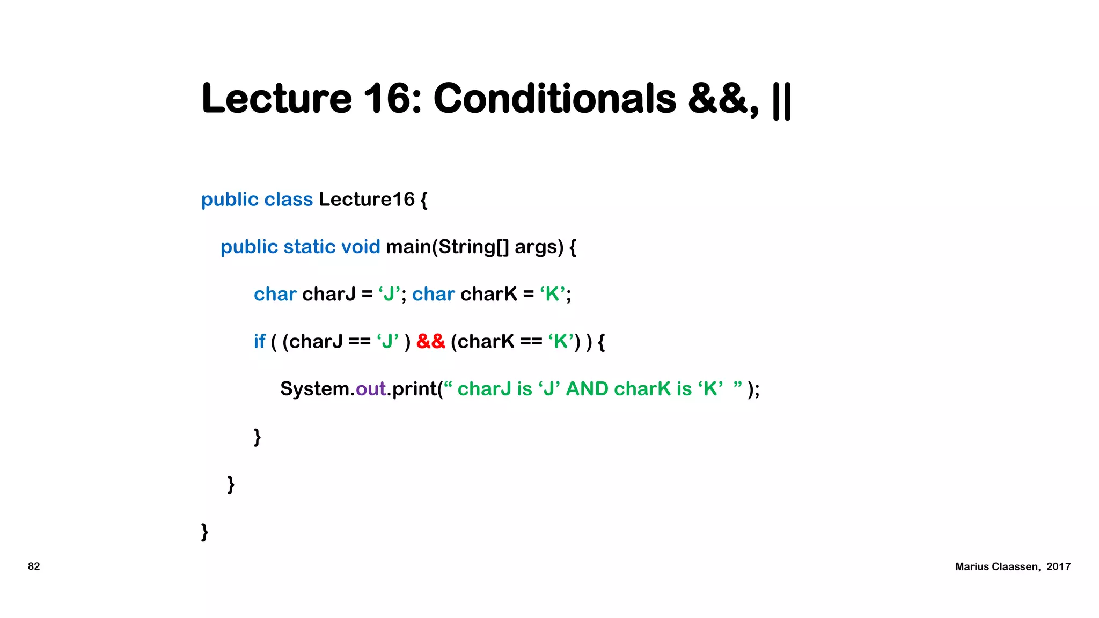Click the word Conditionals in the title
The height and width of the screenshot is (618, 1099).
tap(555, 99)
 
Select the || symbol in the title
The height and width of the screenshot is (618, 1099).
tap(781, 101)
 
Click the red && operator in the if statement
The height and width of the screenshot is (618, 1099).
tap(430, 341)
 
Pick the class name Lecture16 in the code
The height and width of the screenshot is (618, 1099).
tap(367, 199)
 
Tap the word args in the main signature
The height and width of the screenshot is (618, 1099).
tap(539, 247)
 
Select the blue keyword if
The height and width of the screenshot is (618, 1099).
tap(260, 341)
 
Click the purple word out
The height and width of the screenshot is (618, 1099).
tap(371, 389)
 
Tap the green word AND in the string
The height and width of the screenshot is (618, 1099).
tap(587, 389)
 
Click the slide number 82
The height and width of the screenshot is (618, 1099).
tap(34, 566)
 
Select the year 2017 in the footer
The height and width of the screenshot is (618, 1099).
tap(1058, 566)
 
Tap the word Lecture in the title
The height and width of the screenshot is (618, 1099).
tap(277, 99)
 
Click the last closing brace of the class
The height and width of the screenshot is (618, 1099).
tap(204, 532)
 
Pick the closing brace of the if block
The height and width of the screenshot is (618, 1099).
tap(257, 437)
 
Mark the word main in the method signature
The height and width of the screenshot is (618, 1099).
tap(408, 247)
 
